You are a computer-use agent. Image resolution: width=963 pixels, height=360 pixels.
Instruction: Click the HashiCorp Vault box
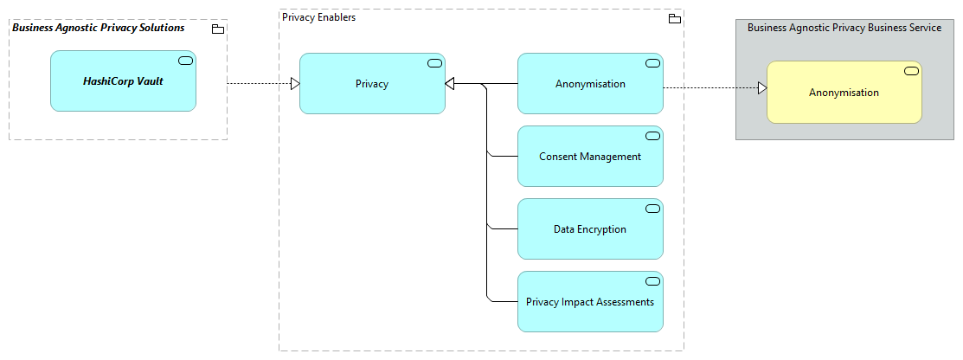pos(123,81)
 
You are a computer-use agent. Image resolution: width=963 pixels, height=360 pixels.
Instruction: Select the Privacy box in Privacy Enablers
pos(372,84)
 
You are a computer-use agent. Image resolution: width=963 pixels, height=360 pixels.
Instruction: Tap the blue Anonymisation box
pos(590,84)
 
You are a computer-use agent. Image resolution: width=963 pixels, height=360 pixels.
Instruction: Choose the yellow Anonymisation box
pos(844,93)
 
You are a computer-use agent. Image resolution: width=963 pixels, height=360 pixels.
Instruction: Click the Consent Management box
pos(590,157)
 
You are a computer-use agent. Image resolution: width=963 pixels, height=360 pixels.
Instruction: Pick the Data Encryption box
pos(590,229)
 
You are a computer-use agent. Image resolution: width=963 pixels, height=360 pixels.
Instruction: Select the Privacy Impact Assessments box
pos(590,302)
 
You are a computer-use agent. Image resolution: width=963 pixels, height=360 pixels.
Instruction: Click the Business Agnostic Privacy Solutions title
pos(99,28)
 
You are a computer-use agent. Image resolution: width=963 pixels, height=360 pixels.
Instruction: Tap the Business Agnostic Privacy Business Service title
pos(844,28)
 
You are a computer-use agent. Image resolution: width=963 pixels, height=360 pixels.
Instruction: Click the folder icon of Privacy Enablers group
pos(675,18)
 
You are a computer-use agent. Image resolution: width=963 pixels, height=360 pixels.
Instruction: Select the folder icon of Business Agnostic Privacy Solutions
pos(218,29)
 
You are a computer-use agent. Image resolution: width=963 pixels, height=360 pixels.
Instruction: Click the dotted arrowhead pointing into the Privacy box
pos(294,84)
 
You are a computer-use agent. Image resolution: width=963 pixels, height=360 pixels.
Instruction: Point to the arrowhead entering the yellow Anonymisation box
pos(761,88)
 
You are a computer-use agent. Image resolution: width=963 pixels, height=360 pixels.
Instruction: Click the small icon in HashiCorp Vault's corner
pos(185,60)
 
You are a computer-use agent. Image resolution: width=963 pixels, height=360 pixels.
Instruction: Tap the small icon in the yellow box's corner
pos(911,71)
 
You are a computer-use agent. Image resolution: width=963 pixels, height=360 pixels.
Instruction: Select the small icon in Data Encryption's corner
pos(652,209)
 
